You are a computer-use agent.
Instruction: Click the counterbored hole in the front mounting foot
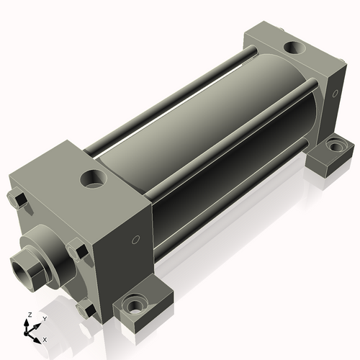tap(135, 306)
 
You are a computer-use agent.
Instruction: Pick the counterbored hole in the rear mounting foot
tap(335, 146)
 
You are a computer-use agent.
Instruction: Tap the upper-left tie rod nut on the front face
tap(20, 199)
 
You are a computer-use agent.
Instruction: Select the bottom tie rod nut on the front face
tap(87, 310)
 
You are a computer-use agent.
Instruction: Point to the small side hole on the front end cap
tap(135, 240)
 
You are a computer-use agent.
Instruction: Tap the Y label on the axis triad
tap(44, 318)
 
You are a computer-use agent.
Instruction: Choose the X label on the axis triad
tap(45, 338)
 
